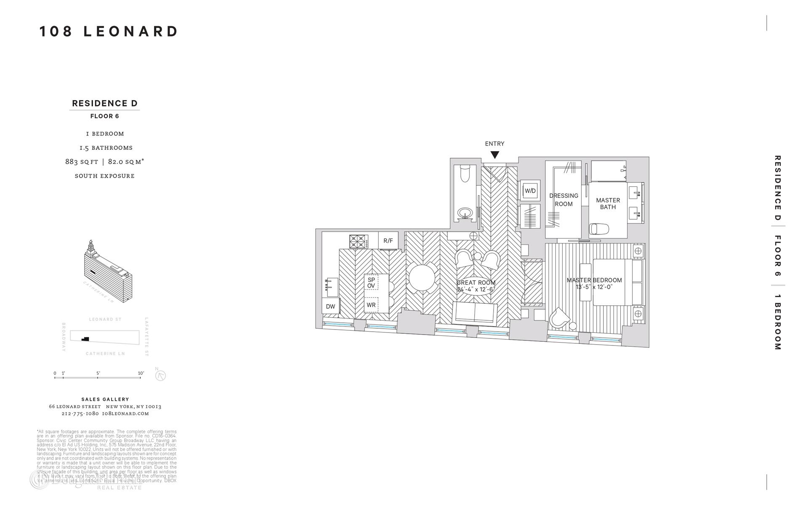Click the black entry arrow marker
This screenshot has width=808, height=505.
point(495,154)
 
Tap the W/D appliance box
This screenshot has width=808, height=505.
point(530,191)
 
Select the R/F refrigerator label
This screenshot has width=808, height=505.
point(388,241)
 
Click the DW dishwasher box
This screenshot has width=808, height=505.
point(330,306)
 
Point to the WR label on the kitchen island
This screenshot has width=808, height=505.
point(371,305)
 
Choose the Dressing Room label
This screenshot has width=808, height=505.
point(563,200)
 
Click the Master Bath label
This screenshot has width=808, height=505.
point(608,204)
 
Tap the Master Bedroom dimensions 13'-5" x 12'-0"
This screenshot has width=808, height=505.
point(594,287)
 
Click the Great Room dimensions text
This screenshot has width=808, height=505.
point(475,290)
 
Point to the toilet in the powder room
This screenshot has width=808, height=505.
point(465,174)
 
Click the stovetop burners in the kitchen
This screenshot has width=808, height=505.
point(357,242)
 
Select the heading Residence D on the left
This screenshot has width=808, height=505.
point(105,104)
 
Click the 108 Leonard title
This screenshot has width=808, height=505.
point(109,32)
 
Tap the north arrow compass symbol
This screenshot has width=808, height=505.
point(160,375)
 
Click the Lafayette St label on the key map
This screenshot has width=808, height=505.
point(147,337)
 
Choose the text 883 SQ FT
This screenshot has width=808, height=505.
point(82,162)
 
